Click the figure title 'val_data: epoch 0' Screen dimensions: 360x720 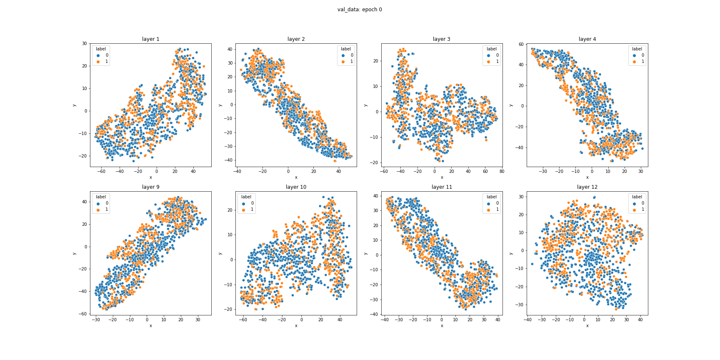click(360, 10)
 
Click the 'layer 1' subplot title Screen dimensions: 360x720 click(150, 39)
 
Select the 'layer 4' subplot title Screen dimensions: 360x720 click(587, 39)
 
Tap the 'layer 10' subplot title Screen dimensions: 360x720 click(296, 187)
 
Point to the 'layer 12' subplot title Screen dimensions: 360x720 click(587, 187)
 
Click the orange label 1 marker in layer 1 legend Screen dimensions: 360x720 click(98, 62)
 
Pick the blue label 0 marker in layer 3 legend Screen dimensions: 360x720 click(489, 55)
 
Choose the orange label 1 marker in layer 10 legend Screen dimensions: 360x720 click(244, 210)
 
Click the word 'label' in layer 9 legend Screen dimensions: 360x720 click(101, 197)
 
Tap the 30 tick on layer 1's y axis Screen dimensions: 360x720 click(85, 44)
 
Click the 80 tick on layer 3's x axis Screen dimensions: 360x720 click(502, 171)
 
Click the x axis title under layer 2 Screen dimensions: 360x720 click(296, 177)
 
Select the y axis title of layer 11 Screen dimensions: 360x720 click(365, 253)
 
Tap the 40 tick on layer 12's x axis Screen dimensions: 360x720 click(640, 320)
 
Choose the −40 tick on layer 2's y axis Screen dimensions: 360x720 click(228, 160)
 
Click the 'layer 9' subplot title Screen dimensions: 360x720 click(150, 187)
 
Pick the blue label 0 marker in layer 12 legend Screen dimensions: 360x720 click(634, 203)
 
